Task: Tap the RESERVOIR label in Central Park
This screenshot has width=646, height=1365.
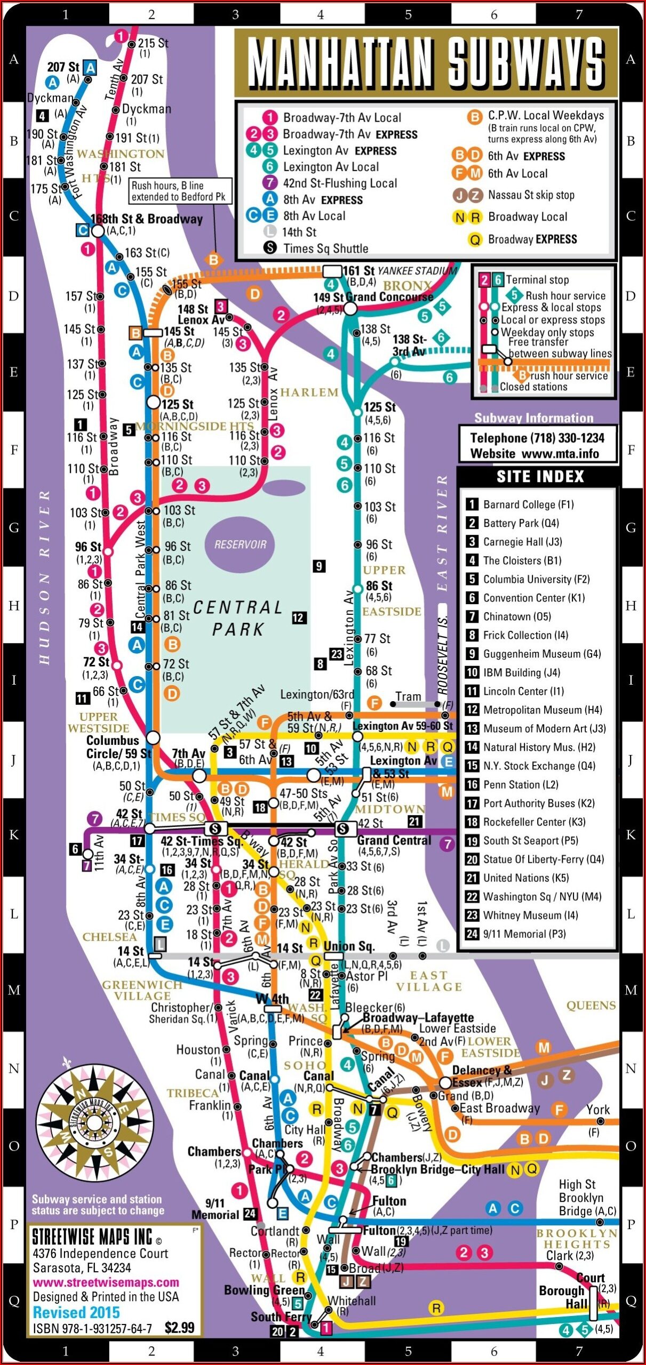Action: [240, 544]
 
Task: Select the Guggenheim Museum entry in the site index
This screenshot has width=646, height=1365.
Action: [541, 654]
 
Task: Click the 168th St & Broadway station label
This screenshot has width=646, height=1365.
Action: [147, 219]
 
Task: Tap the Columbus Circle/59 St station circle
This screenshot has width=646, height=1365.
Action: [153, 737]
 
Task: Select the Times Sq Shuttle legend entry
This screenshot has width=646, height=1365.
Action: [325, 248]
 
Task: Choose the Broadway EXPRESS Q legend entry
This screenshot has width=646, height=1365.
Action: [532, 239]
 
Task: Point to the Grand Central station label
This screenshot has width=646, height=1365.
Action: [394, 840]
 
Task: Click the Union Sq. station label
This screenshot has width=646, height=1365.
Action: [349, 946]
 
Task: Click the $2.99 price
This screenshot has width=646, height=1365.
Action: [179, 1328]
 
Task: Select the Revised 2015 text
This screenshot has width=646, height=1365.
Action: [76, 1312]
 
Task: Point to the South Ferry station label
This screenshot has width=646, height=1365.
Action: [281, 1316]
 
